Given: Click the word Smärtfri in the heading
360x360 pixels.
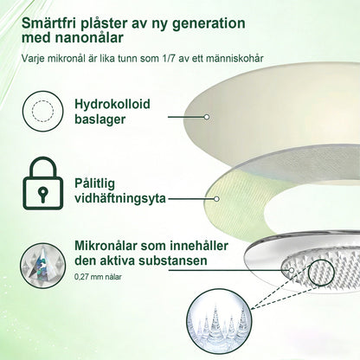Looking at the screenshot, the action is point(46,23).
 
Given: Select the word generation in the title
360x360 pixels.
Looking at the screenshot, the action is point(209,24).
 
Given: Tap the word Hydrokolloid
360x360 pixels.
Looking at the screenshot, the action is point(112,104).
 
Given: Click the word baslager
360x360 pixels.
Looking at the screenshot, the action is point(100,119).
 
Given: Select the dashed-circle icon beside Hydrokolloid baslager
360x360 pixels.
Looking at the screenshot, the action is point(42,111).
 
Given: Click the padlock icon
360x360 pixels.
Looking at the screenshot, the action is point(42,183).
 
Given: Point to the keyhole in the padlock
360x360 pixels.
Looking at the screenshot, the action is point(42,193).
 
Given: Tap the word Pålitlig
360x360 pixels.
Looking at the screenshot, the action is point(94,183).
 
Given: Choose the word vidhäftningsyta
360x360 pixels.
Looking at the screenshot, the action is point(120,198).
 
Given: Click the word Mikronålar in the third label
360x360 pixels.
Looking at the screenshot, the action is point(106,246).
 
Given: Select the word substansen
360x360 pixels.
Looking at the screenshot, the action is point(173,260).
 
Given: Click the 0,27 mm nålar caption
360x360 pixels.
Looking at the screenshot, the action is point(98,277).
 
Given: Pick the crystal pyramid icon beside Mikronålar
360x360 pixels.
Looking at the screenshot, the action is point(42,266).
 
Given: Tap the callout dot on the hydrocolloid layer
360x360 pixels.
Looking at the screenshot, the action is point(207,117).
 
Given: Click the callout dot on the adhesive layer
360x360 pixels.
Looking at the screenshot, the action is point(217,199).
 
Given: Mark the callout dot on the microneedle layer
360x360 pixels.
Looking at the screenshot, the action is point(292,270).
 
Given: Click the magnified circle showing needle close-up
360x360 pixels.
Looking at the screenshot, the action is point(219,322).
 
